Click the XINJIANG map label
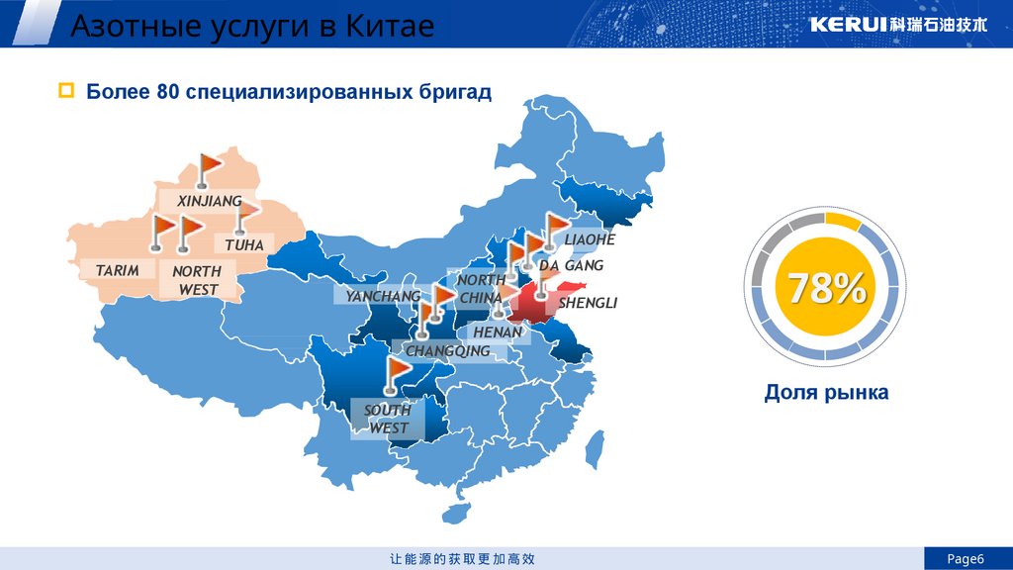[209, 201]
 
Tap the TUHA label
[243, 243]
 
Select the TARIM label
[117, 270]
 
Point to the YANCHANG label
[383, 296]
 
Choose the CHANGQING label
[447, 351]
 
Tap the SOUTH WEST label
[388, 419]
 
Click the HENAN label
[497, 332]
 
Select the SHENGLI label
[587, 303]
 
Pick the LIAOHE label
[590, 239]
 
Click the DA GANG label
[571, 265]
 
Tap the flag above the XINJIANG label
[209, 168]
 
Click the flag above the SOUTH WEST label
[397, 375]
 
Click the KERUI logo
[898, 25]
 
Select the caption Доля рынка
[826, 393]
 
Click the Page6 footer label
[967, 559]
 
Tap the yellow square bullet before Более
[66, 92]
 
